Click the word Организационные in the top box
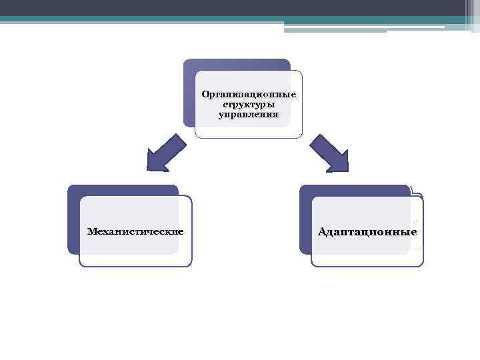pos(249,95)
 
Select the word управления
pos(249,115)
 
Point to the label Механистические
pos(136,231)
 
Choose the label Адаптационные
pos(367,232)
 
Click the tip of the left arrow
pos(148,171)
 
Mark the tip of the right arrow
pos(347,171)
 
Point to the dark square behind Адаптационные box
pos(305,220)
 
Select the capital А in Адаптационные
pos(323,232)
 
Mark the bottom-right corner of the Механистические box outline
pos(191,265)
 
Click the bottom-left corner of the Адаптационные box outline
pos(312,265)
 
